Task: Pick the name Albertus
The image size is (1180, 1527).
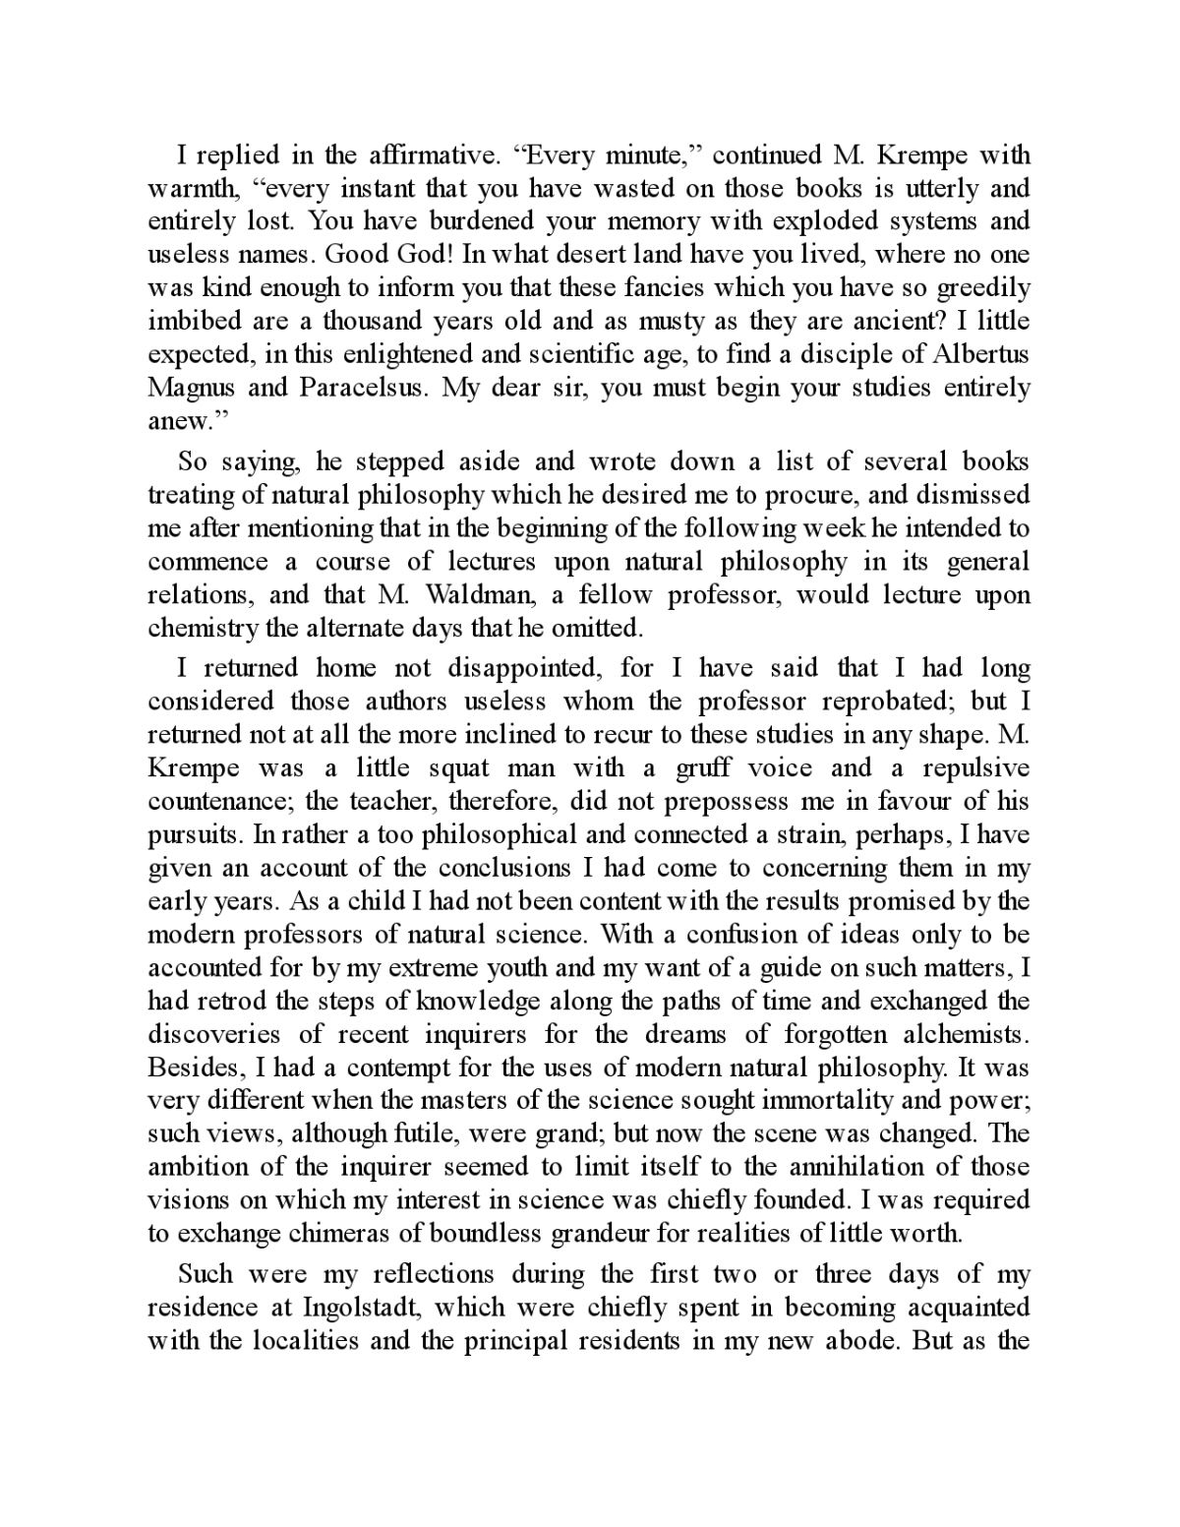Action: tap(979, 354)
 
